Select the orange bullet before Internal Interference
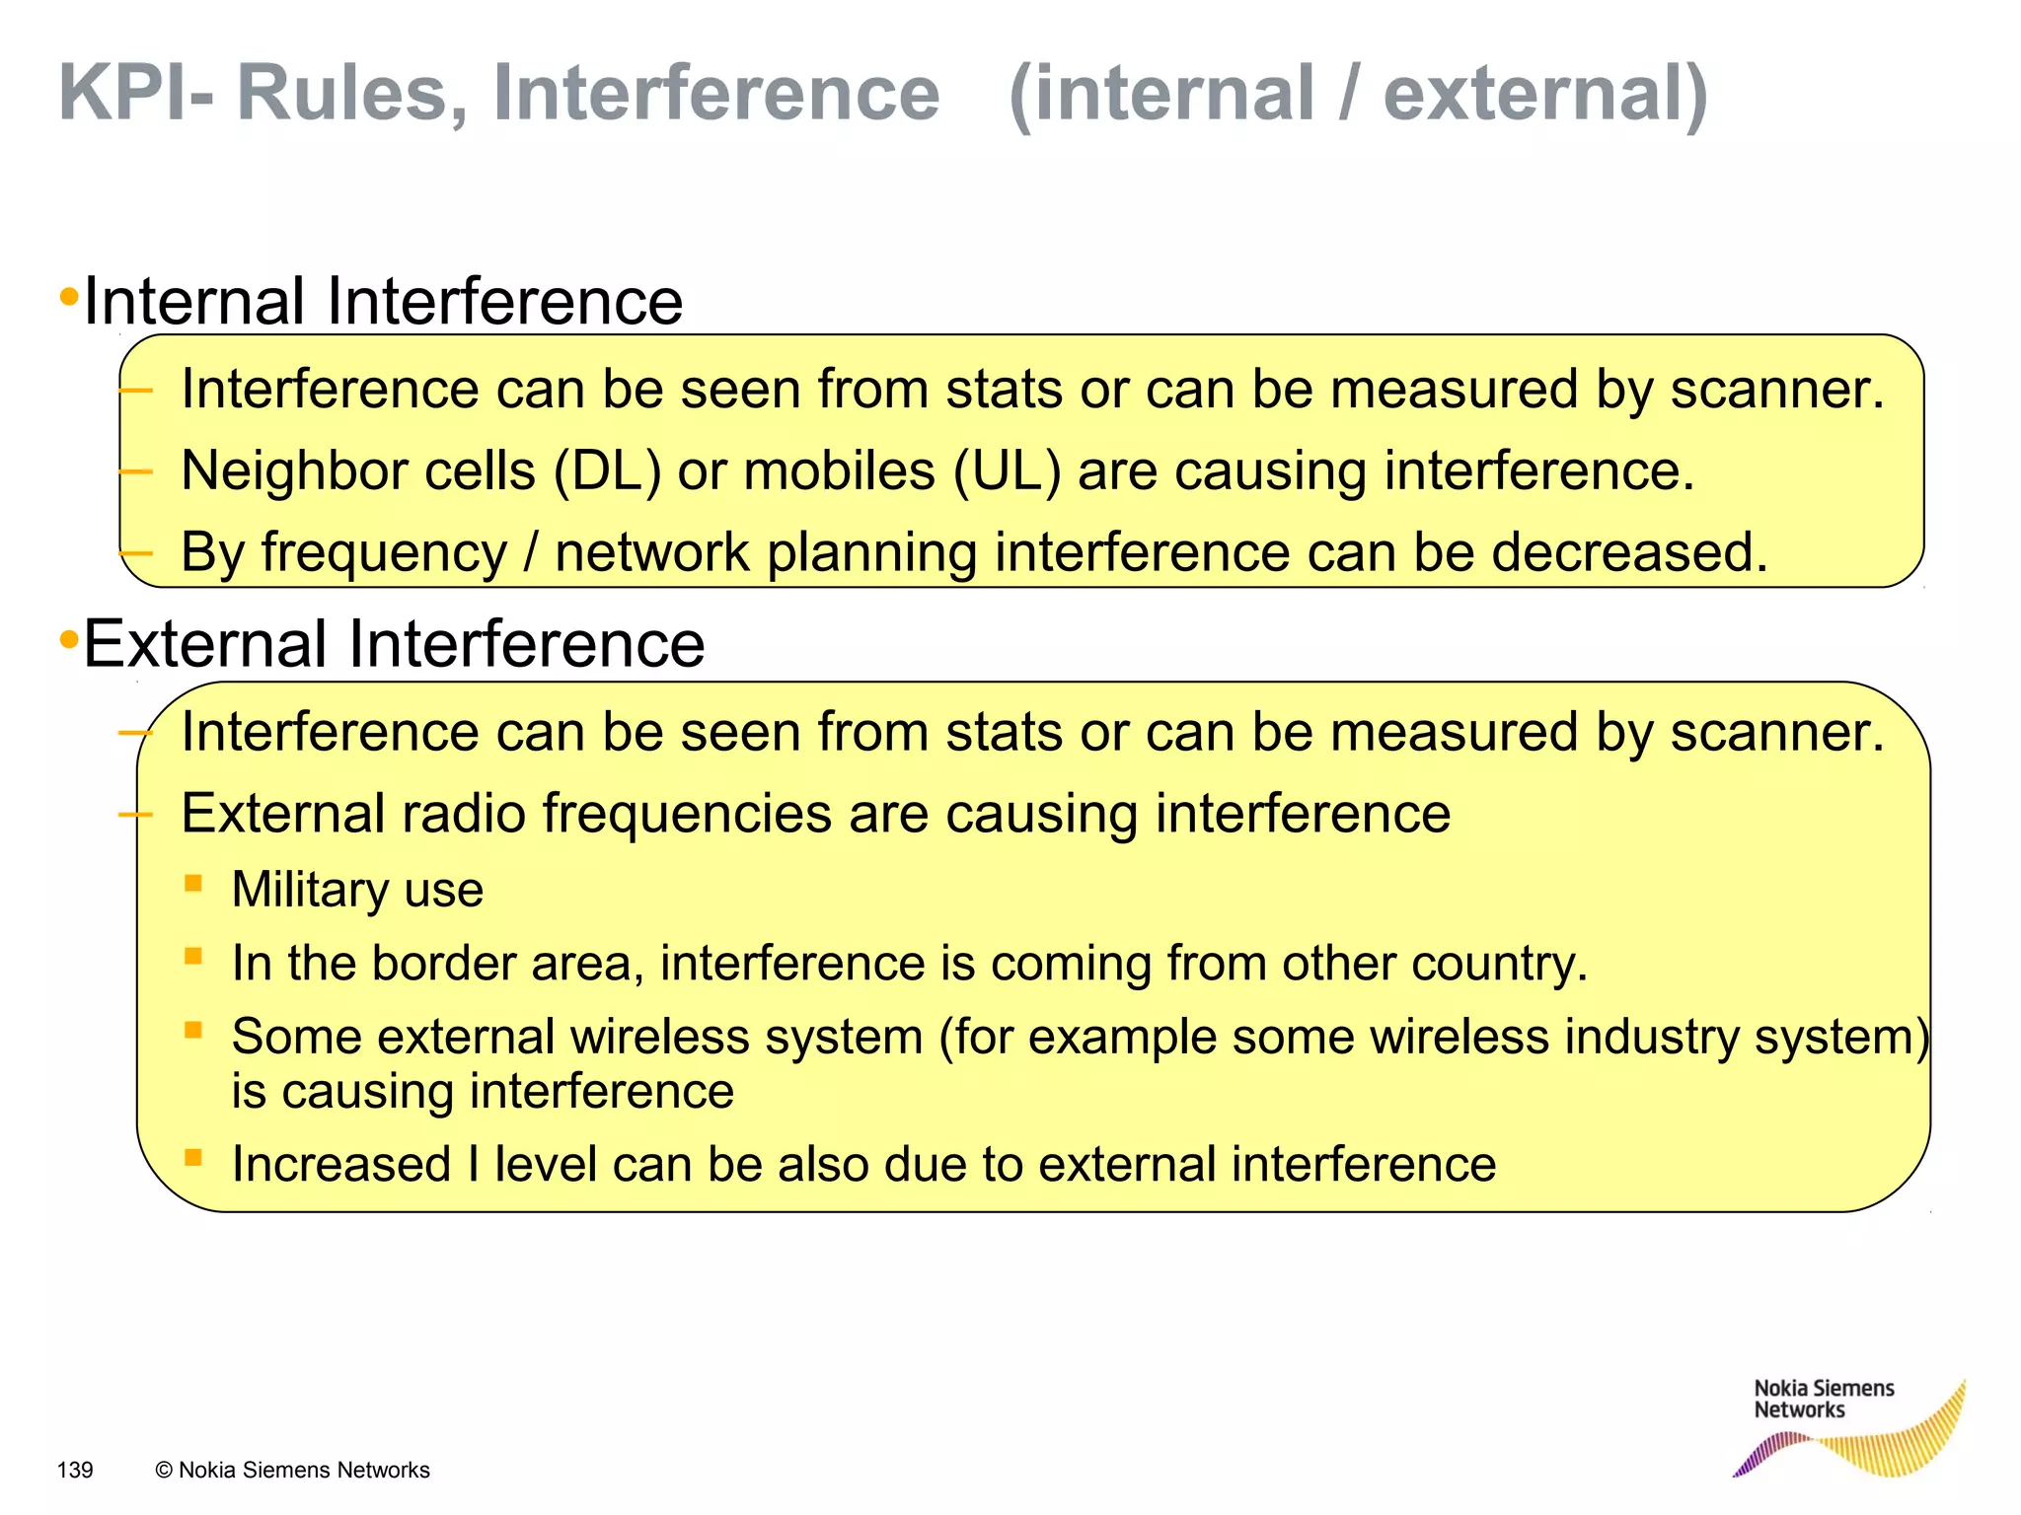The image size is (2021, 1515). click(69, 297)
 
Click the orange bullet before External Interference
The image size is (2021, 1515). click(69, 640)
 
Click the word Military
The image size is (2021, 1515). click(310, 890)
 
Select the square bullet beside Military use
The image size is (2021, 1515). click(193, 883)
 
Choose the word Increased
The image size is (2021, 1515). click(341, 1164)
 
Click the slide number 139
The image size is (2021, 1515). click(75, 1471)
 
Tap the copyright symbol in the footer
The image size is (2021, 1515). click(164, 1471)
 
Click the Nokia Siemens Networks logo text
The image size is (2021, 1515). click(1823, 1399)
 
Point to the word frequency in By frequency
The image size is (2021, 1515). click(384, 553)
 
